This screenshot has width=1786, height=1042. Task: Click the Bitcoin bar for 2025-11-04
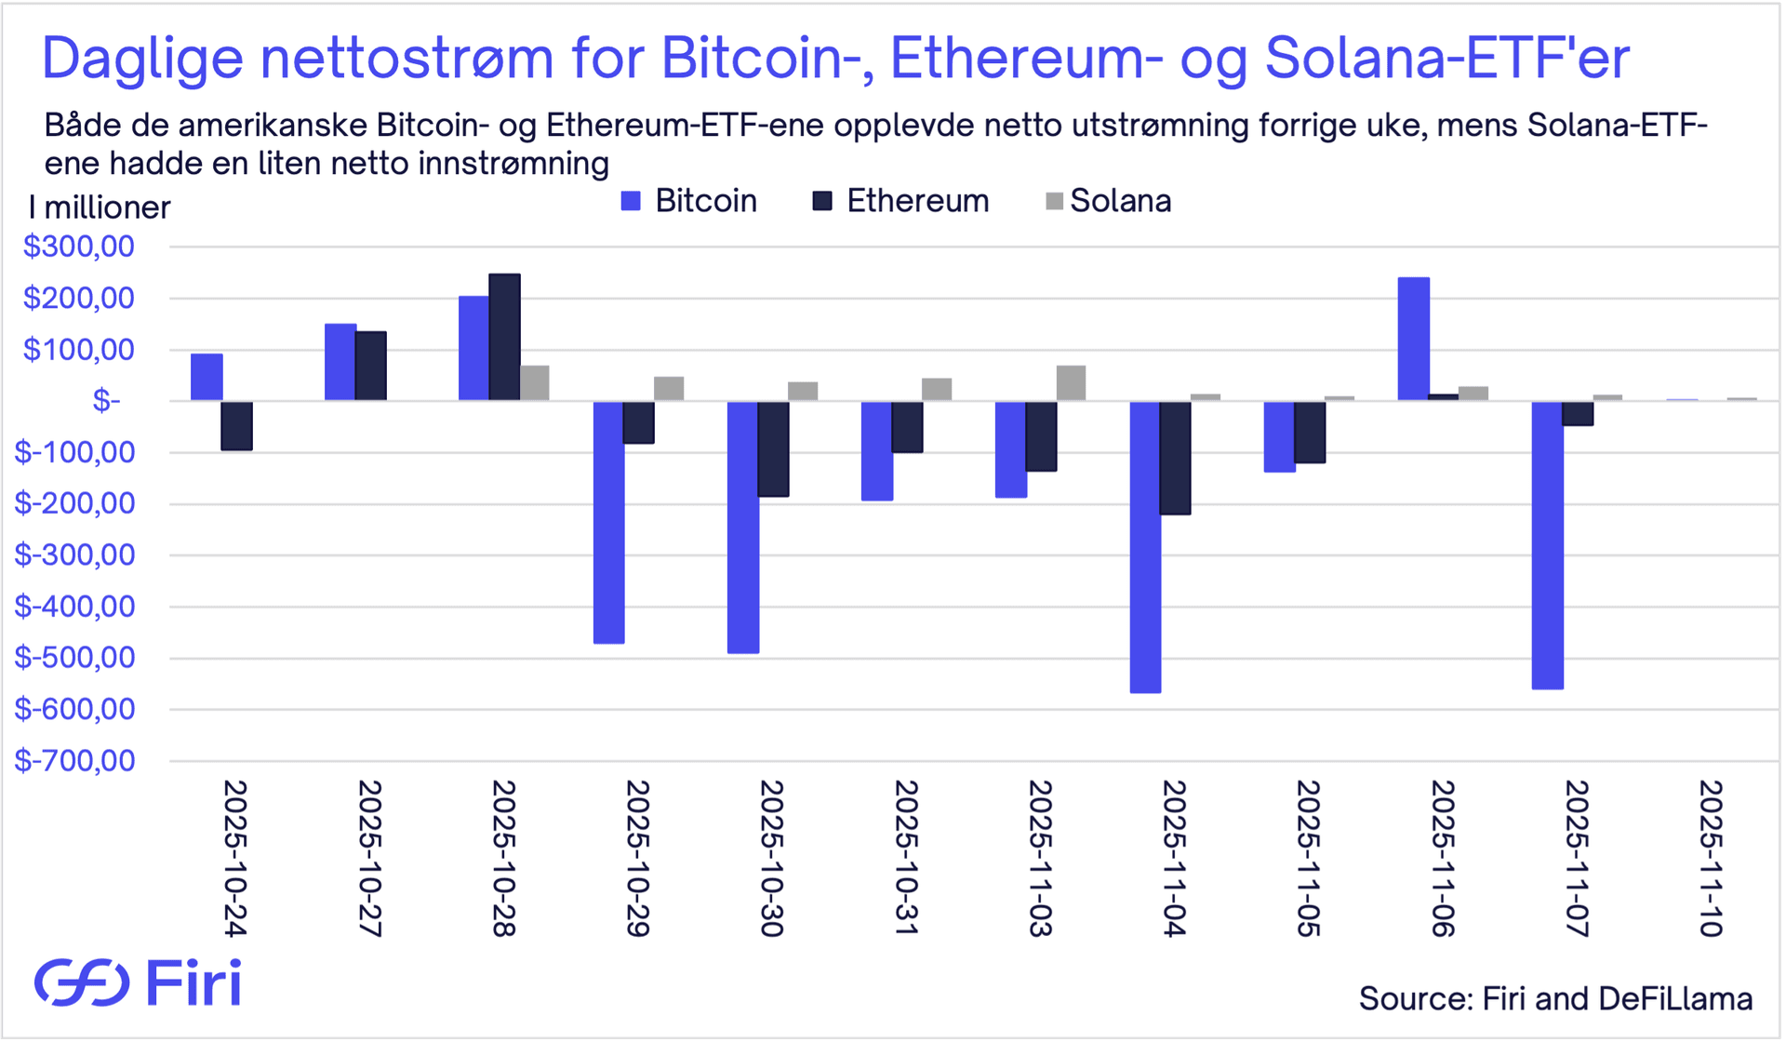point(1145,547)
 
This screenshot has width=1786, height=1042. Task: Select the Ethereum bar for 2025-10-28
point(504,337)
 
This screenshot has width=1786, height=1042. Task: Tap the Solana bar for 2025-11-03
point(1071,383)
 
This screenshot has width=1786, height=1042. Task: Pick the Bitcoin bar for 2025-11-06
point(1413,339)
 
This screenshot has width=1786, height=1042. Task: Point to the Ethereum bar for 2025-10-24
point(236,426)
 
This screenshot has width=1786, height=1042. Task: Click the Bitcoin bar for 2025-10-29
point(609,522)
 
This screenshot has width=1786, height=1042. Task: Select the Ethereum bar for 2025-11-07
point(1578,413)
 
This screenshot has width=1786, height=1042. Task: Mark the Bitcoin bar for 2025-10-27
point(340,362)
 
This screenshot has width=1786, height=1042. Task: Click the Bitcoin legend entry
point(689,201)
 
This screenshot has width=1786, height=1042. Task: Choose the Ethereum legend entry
point(900,201)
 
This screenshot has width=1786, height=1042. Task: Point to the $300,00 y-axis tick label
point(79,247)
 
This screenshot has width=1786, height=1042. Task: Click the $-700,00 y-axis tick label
point(74,761)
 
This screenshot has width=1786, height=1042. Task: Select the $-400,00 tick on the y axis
point(74,607)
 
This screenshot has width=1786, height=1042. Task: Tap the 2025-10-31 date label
point(906,857)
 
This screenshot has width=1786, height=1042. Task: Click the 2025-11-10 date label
point(1711,857)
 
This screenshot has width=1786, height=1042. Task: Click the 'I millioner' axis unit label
point(100,207)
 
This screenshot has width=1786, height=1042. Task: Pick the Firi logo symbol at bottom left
point(82,982)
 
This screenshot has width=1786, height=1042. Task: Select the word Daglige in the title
point(142,58)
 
